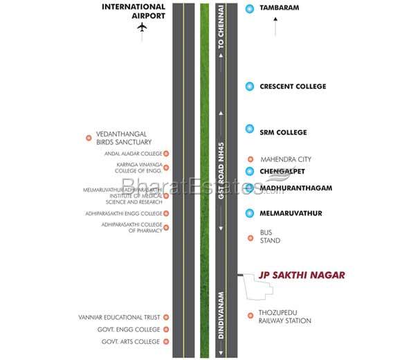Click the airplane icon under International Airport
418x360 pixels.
(143, 27)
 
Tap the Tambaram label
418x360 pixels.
(279, 9)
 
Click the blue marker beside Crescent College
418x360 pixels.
(250, 87)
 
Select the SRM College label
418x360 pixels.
(282, 132)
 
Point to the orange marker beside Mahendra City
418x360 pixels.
(250, 158)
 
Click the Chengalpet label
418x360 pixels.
(282, 171)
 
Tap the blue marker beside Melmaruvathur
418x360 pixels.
(250, 213)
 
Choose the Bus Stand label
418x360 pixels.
(270, 236)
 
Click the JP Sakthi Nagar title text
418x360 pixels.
(301, 275)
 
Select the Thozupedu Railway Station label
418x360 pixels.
(284, 316)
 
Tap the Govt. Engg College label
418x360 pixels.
(131, 330)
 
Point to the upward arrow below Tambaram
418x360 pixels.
(276, 28)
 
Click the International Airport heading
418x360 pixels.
(134, 10)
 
